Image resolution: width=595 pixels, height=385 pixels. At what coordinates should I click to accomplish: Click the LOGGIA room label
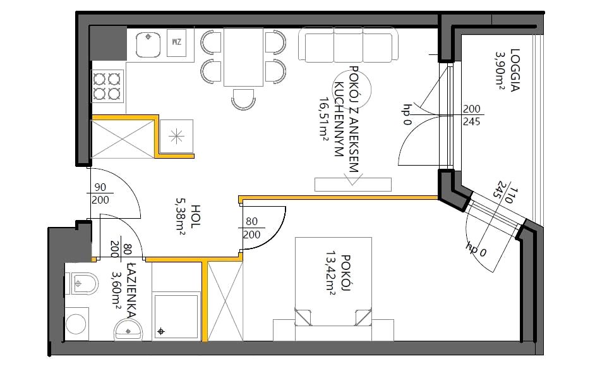pos(515,70)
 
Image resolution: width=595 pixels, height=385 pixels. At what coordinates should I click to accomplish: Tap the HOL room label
pos(195,216)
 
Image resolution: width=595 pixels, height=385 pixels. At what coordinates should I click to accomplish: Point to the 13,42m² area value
pos(330,272)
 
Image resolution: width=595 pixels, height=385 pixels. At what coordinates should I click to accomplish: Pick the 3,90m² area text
pos(500,70)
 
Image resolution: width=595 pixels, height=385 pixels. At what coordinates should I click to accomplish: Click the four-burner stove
pos(107,86)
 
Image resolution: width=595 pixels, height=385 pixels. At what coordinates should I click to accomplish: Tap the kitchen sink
pos(148,44)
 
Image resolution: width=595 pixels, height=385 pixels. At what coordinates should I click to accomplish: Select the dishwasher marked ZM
pos(176,43)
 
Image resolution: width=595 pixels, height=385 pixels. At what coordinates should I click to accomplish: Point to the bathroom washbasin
pos(128,330)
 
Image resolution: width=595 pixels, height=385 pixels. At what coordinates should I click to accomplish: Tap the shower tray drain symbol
pos(161,332)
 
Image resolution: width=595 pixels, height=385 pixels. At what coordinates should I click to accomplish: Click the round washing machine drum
pos(76,324)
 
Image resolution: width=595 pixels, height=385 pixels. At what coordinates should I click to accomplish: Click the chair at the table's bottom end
pos(243,99)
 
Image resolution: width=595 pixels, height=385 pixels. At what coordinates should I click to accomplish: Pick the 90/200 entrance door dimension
pos(100,193)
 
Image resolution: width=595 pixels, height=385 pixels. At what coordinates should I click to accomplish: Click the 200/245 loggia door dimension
pos(472,115)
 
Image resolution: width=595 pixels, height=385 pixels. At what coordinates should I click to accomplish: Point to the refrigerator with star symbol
pos(176,137)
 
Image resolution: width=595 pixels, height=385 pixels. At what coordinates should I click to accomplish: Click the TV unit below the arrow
pos(353,185)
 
